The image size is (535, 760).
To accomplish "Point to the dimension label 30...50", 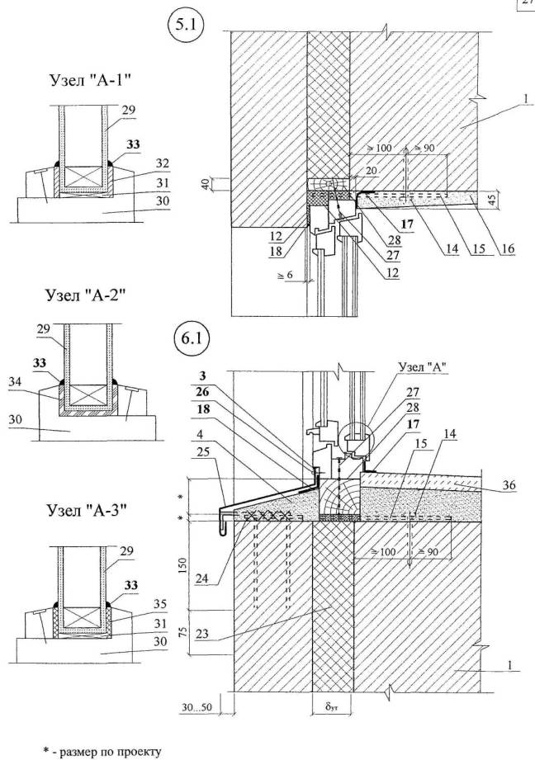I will [196, 708].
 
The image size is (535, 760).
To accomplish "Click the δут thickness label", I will [329, 707].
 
